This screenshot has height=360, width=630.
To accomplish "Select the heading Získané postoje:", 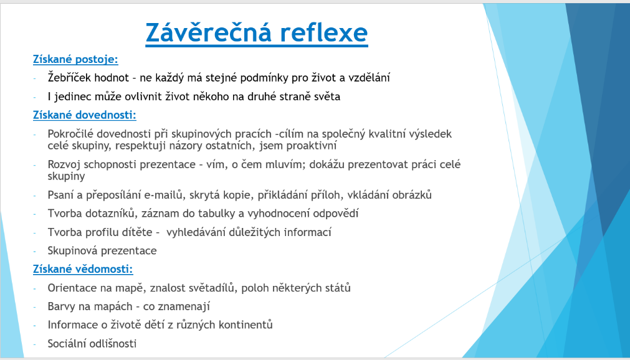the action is pos(75,59).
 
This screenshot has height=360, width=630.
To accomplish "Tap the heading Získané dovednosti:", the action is pos(84,115).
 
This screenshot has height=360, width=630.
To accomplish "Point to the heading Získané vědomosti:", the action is pos(83,269).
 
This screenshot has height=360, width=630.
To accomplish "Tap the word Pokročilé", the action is pos(70,133).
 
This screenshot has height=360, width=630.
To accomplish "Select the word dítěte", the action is pos(138,232).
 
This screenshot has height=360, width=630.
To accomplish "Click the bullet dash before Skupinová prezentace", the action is pos(35,251).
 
